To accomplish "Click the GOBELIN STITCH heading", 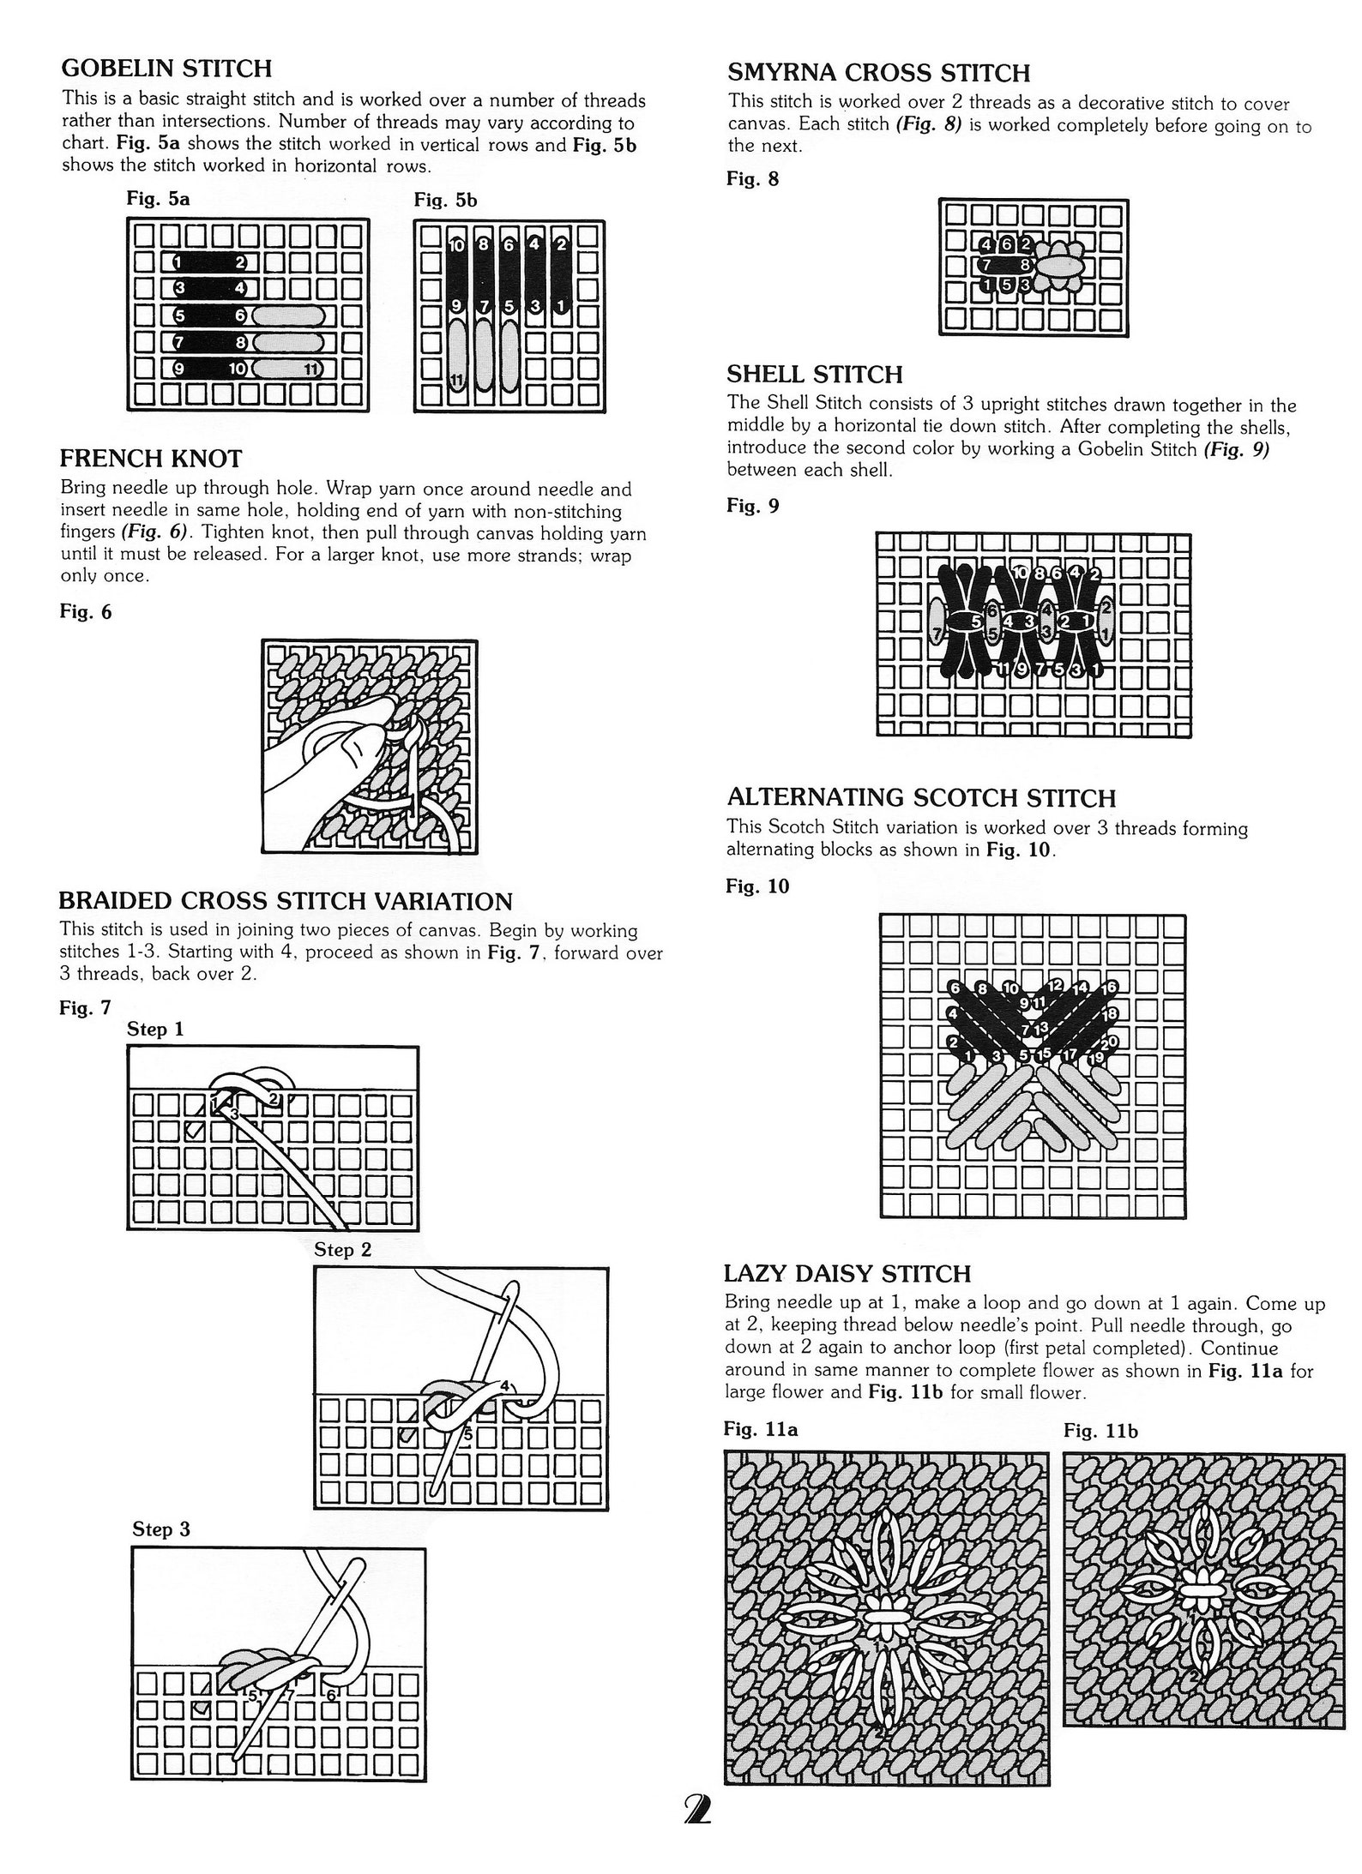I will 166,68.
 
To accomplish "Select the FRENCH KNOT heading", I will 151,459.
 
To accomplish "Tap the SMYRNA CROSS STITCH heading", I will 878,73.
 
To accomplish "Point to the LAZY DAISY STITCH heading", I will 847,1273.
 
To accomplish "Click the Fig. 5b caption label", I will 445,200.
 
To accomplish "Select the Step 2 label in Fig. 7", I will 342,1249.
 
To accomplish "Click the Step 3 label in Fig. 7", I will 161,1529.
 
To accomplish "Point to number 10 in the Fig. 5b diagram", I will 456,245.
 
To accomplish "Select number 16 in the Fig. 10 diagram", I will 1109,988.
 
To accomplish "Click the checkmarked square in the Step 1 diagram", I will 195,1130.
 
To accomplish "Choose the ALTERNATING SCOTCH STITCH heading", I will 921,798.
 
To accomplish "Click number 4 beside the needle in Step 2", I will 505,1385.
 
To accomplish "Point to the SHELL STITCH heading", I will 814,375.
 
